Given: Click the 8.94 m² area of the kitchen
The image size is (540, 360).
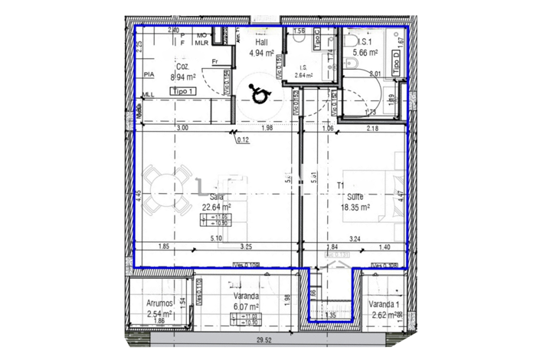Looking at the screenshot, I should [183, 77].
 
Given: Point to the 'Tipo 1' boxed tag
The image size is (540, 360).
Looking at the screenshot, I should [184, 91].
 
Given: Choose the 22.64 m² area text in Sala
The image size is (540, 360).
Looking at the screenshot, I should [217, 205].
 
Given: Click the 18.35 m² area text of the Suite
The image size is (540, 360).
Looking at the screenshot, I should [355, 206].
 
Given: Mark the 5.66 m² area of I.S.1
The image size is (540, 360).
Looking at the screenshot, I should [365, 53].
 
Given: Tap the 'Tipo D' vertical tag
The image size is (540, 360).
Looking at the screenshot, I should [397, 59].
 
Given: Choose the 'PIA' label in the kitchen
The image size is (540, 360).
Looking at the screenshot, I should [149, 74].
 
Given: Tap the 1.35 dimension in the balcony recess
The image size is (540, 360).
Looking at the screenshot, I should [331, 315].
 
